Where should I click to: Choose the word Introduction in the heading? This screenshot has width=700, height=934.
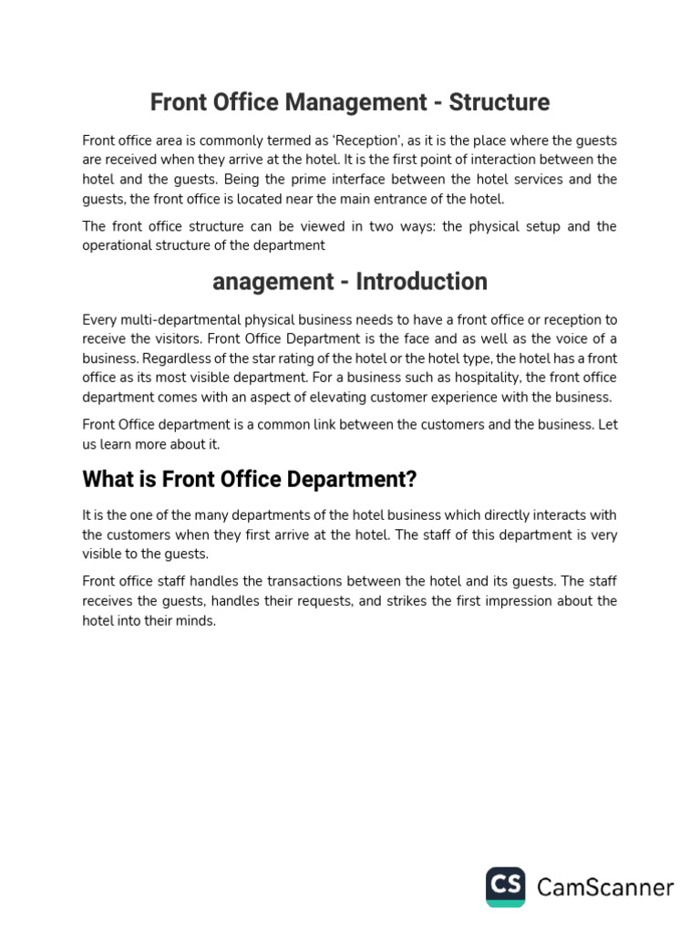[421, 282]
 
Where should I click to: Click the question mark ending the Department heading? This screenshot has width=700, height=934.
[411, 479]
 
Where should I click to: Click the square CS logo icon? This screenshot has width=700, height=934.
[505, 887]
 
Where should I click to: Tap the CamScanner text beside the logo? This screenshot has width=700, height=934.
[605, 887]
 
